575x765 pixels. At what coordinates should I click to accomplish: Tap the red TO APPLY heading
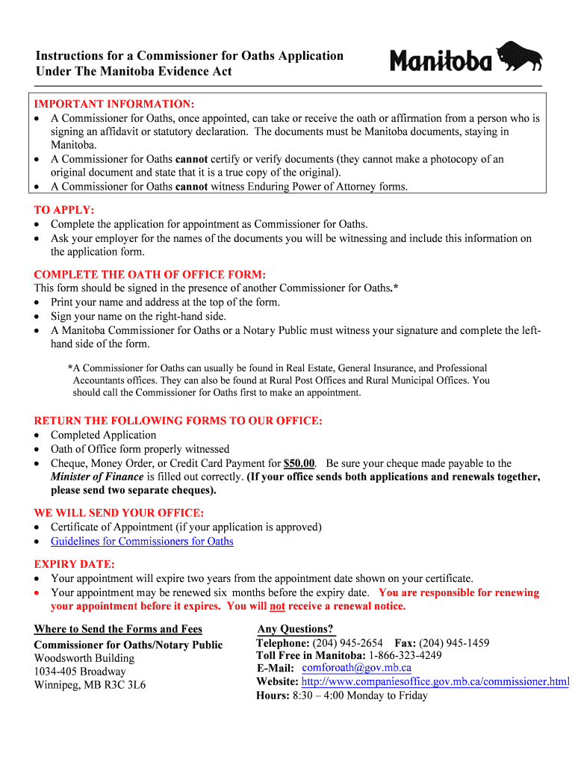(64, 210)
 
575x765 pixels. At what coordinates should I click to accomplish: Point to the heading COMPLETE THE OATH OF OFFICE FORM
(149, 274)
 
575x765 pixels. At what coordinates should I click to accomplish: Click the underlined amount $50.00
(299, 463)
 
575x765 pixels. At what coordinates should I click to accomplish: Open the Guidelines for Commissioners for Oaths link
(142, 541)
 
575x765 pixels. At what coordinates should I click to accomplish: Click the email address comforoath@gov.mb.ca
(356, 667)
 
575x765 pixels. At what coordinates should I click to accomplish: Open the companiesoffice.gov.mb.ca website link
(435, 681)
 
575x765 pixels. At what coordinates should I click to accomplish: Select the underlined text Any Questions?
(296, 629)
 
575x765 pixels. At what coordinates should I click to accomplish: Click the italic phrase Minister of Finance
(97, 477)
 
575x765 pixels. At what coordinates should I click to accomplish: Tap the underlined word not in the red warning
(277, 606)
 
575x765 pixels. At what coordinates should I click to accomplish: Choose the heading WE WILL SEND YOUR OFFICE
(119, 513)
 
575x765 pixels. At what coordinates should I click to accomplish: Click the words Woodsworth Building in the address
(84, 658)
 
